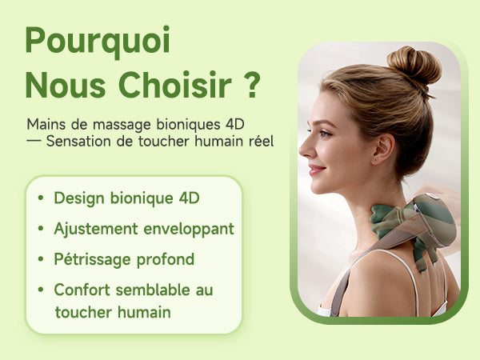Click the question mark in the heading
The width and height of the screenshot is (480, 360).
pos(251,85)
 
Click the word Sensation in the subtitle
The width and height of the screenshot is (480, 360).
pos(80,142)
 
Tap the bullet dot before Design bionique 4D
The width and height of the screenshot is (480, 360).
pos(40,198)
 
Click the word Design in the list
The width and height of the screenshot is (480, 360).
pos(80,198)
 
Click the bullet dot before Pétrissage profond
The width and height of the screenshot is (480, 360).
pos(40,260)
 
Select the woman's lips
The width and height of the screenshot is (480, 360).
pos(313,169)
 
